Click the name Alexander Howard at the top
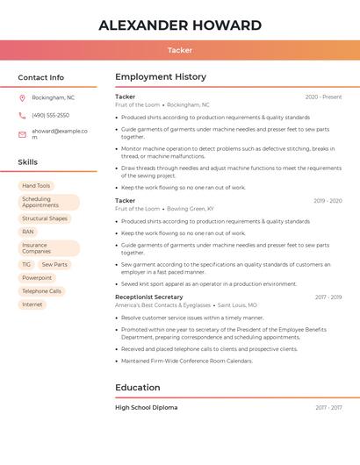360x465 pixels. pos(180,25)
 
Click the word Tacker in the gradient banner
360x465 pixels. pos(180,50)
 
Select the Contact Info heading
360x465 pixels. pos(41,77)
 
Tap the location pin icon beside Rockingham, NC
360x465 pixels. pos(22,98)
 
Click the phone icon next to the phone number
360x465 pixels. pos(22,116)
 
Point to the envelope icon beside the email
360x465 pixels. pos(22,134)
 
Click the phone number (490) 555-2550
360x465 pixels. pos(51,116)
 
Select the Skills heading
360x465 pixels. pos(28,162)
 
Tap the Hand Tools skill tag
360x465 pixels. pos(36,186)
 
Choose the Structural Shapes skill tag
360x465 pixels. pos(45,218)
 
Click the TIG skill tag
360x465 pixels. pos(26,264)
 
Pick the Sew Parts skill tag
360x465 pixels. pos(54,264)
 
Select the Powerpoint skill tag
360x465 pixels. pos(37,278)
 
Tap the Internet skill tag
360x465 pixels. pos(32,304)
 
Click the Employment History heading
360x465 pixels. pos(161,77)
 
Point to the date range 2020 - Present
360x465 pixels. pos(323,97)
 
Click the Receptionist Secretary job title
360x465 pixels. pos(149,297)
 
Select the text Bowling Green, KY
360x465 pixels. pos(191,209)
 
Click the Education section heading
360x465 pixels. pos(138,388)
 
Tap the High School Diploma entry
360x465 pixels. pos(147,408)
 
